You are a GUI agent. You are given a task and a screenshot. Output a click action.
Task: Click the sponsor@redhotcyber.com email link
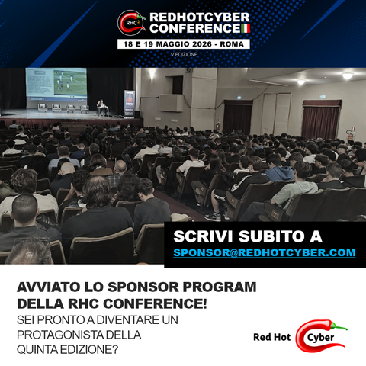[x=265, y=252]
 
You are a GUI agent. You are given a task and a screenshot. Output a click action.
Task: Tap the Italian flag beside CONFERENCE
[x=246, y=28]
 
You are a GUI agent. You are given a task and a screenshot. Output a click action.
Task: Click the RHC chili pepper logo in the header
[x=131, y=23]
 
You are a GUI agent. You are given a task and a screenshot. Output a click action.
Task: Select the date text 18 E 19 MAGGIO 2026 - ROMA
[x=184, y=44]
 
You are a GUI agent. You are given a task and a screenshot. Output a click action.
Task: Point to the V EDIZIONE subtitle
[x=184, y=54]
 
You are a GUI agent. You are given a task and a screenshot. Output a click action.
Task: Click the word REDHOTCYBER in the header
[x=200, y=18]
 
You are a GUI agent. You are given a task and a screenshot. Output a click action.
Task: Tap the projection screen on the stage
[x=56, y=85]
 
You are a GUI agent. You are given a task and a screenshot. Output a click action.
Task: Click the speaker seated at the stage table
[x=101, y=107]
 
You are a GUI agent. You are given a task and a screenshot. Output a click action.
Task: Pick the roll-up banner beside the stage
[x=130, y=104]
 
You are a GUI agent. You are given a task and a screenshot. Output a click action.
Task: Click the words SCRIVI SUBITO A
[x=248, y=236]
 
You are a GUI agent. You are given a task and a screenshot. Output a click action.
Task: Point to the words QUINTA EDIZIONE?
[x=68, y=350]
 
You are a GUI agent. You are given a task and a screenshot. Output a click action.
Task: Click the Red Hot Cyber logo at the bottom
[x=300, y=336]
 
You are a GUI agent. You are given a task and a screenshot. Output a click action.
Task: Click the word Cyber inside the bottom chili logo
[x=320, y=338]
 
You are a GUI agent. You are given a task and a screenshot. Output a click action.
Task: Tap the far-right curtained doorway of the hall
[x=321, y=120]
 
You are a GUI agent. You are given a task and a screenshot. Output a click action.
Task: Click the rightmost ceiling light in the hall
[x=348, y=75]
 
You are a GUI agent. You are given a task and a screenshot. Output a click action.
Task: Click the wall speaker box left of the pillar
[x=171, y=103]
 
